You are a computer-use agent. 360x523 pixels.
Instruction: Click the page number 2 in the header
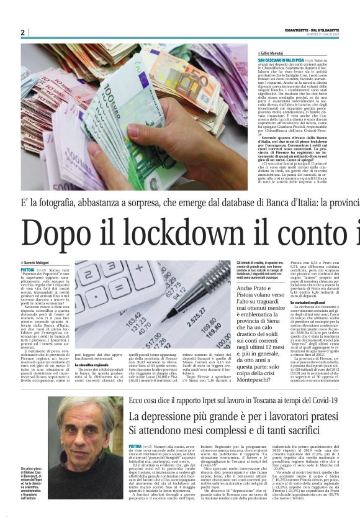coord(22,32)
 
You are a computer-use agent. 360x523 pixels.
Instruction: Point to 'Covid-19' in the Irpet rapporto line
coord(322,384)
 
